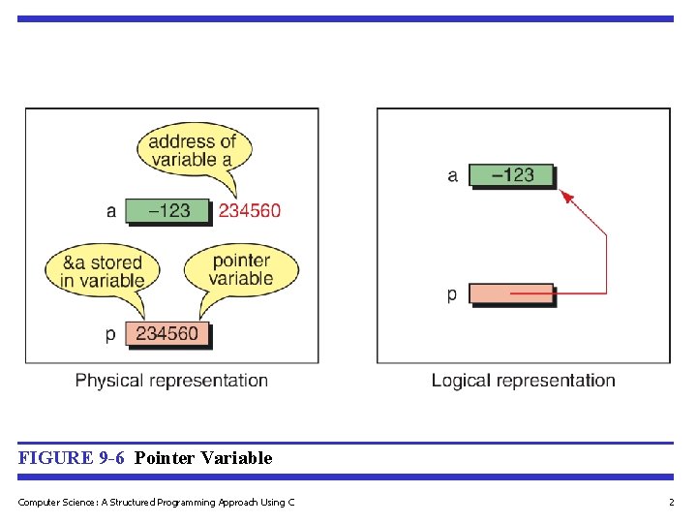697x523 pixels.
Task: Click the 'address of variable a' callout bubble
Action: pyautogui.click(x=192, y=151)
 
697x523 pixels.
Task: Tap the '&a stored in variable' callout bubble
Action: pyautogui.click(x=102, y=271)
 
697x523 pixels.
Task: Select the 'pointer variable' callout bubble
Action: pyautogui.click(x=241, y=269)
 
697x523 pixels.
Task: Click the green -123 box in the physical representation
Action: pyautogui.click(x=167, y=210)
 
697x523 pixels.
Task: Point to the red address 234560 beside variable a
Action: pyautogui.click(x=250, y=210)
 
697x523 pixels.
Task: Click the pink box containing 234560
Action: pyautogui.click(x=167, y=334)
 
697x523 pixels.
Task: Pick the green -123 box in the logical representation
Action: pyautogui.click(x=512, y=175)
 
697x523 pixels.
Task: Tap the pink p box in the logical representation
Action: pyautogui.click(x=512, y=293)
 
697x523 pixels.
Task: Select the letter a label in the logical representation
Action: pyautogui.click(x=452, y=175)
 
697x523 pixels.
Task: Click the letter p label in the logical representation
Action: pyautogui.click(x=452, y=294)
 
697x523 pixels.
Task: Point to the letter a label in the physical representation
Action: pyautogui.click(x=111, y=210)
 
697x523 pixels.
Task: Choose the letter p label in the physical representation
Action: pyautogui.click(x=110, y=335)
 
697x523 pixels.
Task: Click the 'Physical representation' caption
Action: pyautogui.click(x=171, y=381)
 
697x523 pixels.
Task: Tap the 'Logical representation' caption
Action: pyautogui.click(x=523, y=381)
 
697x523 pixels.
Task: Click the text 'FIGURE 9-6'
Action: pyautogui.click(x=71, y=458)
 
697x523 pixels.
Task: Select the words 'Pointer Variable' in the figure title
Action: pyautogui.click(x=203, y=458)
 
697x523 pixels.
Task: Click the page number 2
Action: pyautogui.click(x=671, y=502)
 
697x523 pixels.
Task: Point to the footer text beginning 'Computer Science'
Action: pyautogui.click(x=156, y=502)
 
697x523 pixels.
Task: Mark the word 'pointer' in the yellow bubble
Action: pyautogui.click(x=241, y=261)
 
